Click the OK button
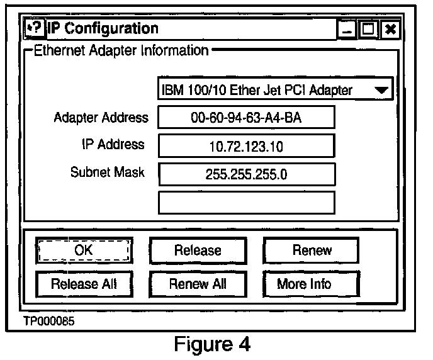[84, 250]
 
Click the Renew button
[311, 250]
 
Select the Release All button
[84, 284]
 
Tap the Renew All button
[197, 284]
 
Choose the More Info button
[311, 284]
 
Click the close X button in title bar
[390, 29]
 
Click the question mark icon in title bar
[35, 28]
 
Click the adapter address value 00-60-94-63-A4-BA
[246, 118]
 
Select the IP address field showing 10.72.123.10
[246, 146]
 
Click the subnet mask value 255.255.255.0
[246, 174]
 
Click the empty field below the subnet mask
[246, 202]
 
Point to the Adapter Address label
[101, 118]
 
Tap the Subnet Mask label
[108, 172]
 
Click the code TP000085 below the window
[48, 322]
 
